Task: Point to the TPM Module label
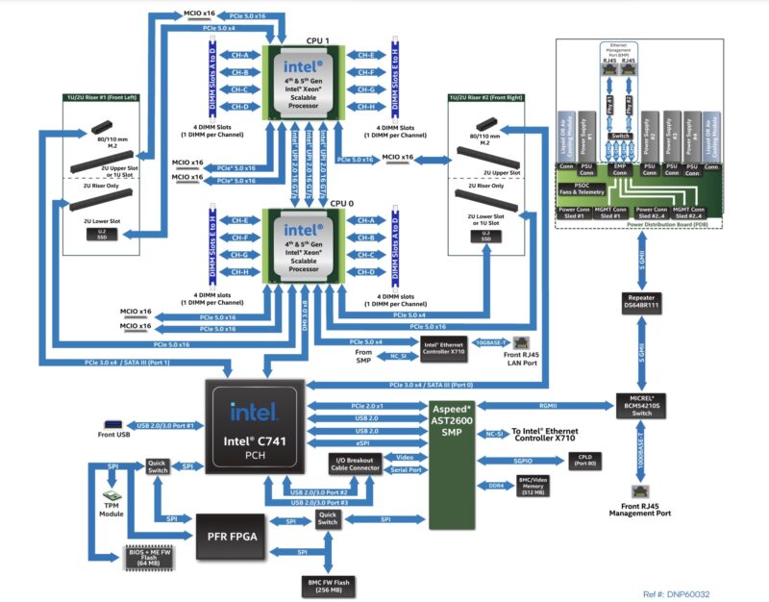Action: coord(112,509)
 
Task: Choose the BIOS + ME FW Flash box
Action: coord(152,557)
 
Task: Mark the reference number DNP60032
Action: coord(681,594)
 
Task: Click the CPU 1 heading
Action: coord(317,40)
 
